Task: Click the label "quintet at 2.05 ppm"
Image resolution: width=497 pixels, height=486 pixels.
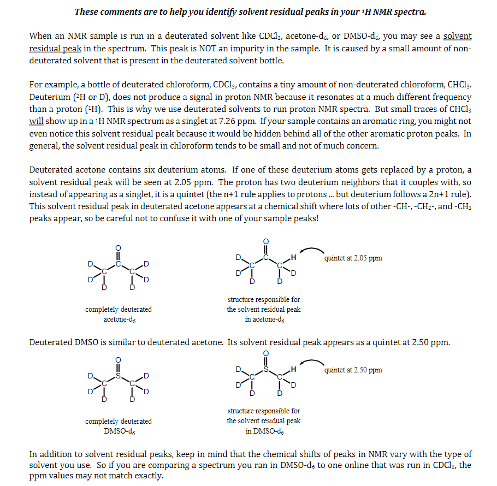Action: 353,258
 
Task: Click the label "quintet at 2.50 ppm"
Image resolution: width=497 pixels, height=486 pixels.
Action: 353,370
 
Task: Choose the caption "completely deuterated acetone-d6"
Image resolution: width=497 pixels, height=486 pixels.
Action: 119,314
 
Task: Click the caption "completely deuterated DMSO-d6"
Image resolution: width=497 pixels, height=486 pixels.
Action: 119,426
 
